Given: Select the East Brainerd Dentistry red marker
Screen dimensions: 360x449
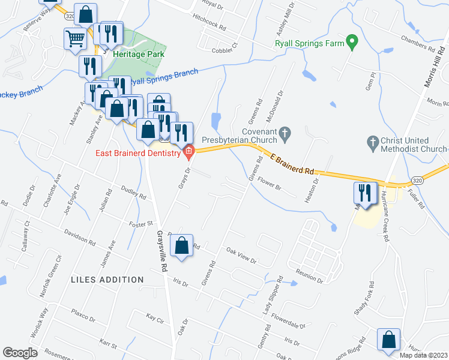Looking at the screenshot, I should click(189, 151).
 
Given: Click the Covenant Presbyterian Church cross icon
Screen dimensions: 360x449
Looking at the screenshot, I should click(286, 132).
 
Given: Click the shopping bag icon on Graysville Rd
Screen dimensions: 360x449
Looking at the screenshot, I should click(181, 245).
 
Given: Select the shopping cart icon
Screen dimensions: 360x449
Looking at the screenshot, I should click(75, 38).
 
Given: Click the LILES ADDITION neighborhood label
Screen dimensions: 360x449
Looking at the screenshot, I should click(107, 280).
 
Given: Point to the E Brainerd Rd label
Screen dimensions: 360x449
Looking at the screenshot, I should click(293, 164).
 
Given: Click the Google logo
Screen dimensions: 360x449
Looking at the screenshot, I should click(20, 353).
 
